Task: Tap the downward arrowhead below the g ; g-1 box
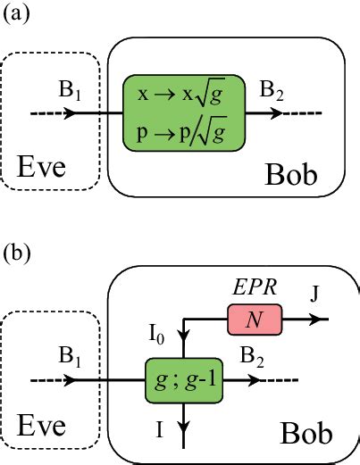(183, 437)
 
